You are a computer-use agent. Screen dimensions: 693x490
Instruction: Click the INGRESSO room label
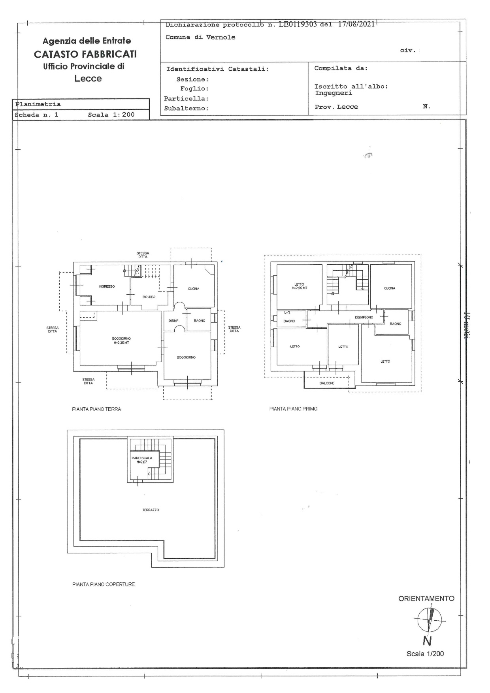[107, 286]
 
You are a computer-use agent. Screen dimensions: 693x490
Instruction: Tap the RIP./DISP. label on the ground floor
[149, 297]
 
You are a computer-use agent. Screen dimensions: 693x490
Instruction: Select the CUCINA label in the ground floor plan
[194, 289]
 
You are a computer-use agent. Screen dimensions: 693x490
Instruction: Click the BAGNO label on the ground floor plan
[200, 320]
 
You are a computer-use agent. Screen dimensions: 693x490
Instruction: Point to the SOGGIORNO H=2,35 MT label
[121, 341]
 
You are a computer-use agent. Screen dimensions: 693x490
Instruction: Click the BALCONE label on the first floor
[327, 383]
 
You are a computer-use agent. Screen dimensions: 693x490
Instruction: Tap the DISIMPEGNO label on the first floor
[364, 317]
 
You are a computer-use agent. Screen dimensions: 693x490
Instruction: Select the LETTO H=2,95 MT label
[299, 286]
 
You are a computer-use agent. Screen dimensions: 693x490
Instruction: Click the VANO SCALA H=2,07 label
[142, 459]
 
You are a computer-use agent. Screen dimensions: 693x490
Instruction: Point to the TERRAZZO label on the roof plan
[151, 510]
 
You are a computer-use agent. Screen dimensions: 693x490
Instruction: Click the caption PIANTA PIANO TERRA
[96, 409]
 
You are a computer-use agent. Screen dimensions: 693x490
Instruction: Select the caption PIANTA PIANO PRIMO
[293, 409]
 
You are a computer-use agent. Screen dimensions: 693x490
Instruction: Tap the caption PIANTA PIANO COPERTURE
[104, 584]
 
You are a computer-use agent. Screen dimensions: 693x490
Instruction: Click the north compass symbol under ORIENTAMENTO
[429, 620]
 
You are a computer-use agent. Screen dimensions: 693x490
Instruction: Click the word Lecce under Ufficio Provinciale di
[88, 79]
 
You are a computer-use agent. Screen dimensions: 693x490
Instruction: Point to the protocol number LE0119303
[298, 24]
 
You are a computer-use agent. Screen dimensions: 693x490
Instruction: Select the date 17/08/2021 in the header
[356, 24]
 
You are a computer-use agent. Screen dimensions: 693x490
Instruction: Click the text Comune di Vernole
[200, 37]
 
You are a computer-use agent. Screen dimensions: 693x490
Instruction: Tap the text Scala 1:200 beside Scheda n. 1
[111, 115]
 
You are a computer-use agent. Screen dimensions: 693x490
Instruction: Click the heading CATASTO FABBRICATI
[85, 54]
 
